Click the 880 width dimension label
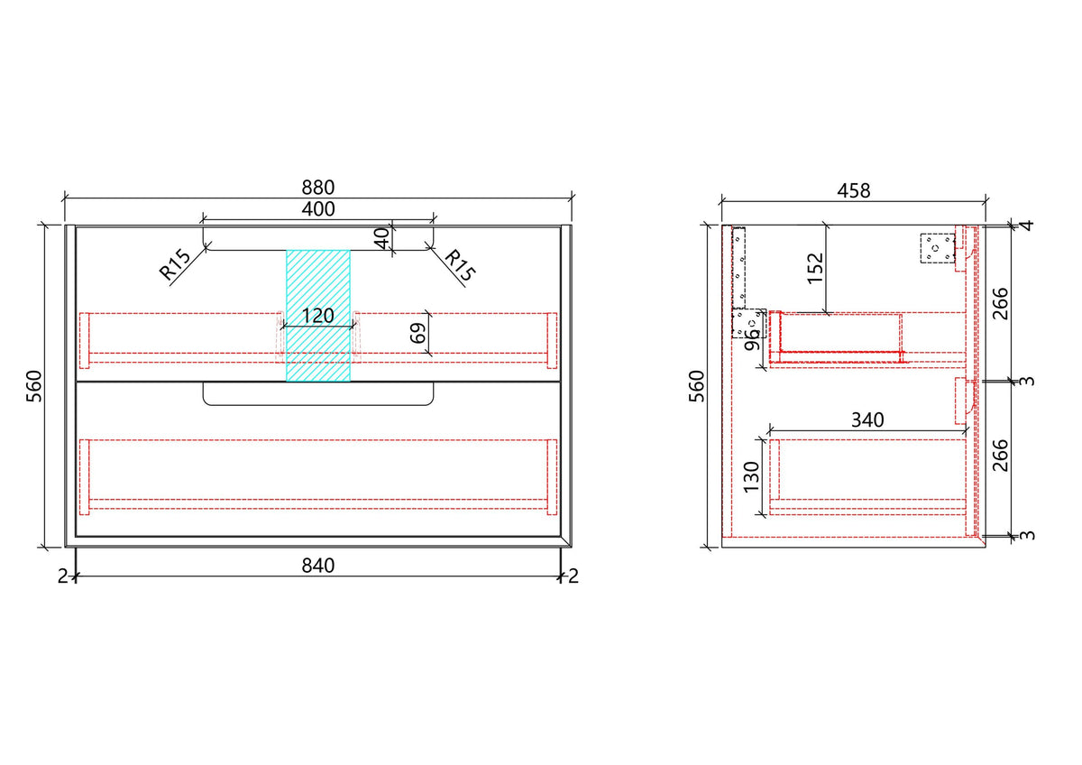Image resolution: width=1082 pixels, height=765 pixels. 317,188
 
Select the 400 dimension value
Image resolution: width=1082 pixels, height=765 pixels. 317,209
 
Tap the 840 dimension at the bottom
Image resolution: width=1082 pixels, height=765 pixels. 317,566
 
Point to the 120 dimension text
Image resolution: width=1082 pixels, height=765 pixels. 317,316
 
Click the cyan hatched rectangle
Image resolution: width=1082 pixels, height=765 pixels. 317,316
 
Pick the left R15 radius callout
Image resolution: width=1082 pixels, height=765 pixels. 175,264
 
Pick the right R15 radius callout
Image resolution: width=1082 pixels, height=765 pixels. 460,265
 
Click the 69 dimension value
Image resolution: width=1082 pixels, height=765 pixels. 418,333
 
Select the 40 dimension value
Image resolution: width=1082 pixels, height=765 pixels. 381,238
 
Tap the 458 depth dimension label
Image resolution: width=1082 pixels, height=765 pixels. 854,191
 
